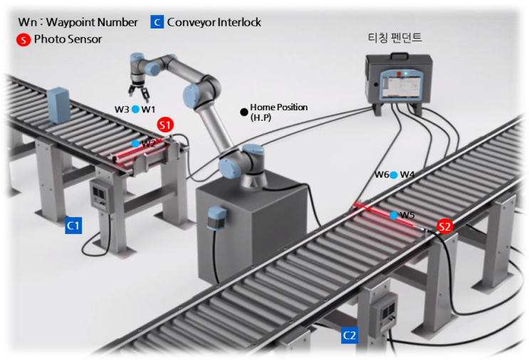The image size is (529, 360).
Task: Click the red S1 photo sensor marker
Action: click(x=165, y=125)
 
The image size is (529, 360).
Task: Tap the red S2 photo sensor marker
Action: click(x=445, y=227)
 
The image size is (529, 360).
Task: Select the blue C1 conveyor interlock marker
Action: click(x=73, y=226)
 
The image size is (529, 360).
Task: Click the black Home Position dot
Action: click(x=244, y=112)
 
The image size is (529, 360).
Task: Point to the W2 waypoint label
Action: click(x=148, y=144)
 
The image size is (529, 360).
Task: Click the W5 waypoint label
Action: click(x=407, y=216)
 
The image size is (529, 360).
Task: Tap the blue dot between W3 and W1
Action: click(x=135, y=110)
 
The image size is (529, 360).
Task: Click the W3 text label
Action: click(x=122, y=110)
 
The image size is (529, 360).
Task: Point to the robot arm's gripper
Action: click(x=137, y=92)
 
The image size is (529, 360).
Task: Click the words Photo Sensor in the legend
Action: click(x=68, y=39)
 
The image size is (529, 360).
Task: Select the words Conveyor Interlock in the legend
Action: click(x=214, y=22)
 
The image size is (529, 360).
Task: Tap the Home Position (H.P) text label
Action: click(x=278, y=112)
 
